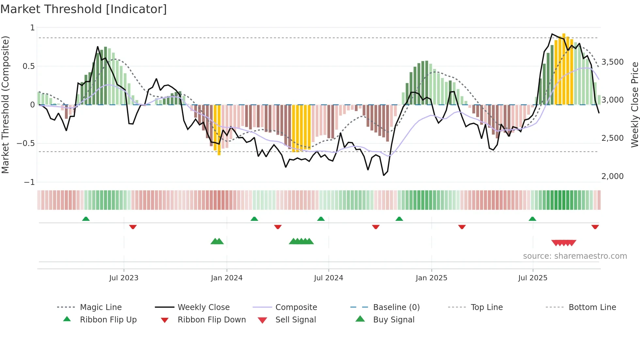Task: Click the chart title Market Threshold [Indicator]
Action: point(84,9)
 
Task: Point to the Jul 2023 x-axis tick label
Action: point(124,278)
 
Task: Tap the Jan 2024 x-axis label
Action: point(227,278)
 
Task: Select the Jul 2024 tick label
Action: point(328,278)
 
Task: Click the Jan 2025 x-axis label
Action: point(431,278)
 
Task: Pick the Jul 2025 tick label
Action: point(533,278)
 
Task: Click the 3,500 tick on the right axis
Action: point(612,62)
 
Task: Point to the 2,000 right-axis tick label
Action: point(612,176)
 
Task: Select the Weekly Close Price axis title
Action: point(634,105)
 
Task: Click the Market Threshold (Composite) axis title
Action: point(5,105)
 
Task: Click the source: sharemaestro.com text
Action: point(575,256)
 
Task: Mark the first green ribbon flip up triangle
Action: point(86,219)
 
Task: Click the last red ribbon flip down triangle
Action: point(595,227)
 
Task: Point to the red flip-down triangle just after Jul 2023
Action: point(133,227)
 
